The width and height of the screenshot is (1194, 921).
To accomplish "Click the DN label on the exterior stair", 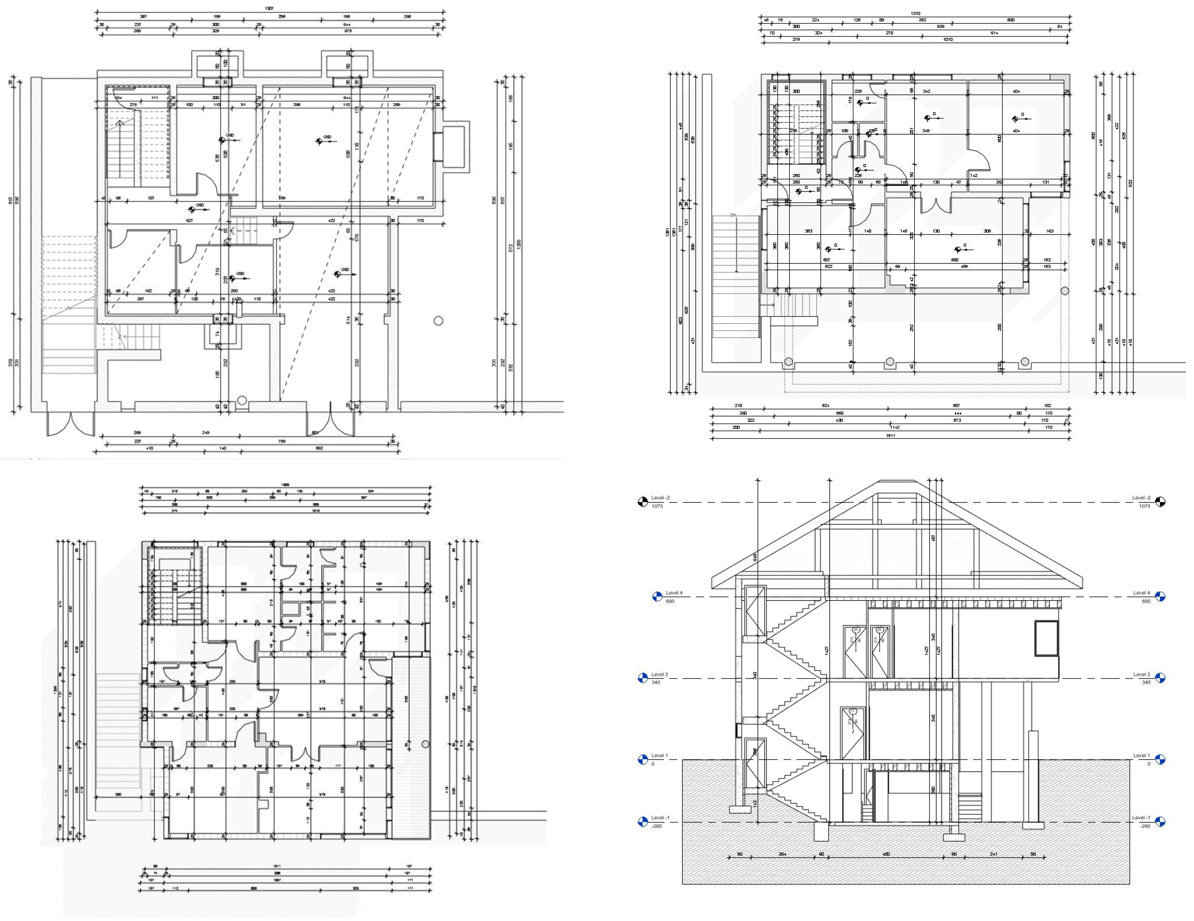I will coord(733,215).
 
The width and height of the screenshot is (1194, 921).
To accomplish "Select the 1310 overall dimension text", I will coord(915,14).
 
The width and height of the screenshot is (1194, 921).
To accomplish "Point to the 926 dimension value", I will coord(941,26).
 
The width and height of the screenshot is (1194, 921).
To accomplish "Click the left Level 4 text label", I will coord(674,593).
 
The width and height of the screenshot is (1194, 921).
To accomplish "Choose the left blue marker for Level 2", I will coord(643,678).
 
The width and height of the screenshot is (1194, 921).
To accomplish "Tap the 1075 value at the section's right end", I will coord(1144,506).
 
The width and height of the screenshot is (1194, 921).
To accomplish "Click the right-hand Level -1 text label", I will coord(1141,818).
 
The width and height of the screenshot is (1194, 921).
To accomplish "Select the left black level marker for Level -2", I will coord(643,502).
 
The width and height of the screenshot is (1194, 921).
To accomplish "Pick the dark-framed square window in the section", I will coord(1046,638).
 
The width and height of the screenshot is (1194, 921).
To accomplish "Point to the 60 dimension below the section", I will coord(821,854).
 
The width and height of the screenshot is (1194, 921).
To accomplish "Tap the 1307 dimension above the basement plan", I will coord(269,9).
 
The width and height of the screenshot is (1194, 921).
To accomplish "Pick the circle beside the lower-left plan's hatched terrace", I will coord(426,744).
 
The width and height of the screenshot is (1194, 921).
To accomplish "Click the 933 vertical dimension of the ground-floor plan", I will coord(1130,183).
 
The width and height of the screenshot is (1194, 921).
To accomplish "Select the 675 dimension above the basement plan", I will coord(348,31).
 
